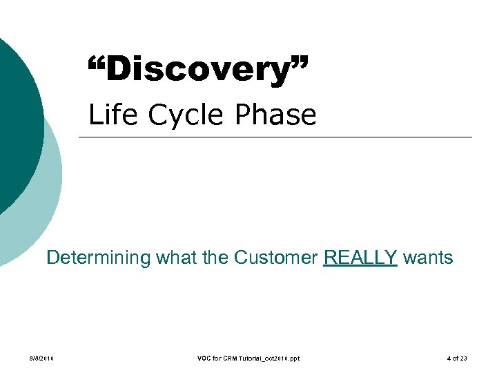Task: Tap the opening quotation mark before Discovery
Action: click(x=99, y=64)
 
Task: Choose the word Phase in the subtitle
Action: click(x=274, y=115)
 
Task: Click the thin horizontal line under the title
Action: click(x=276, y=137)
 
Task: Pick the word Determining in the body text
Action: click(x=98, y=258)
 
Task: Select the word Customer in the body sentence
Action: click(x=276, y=258)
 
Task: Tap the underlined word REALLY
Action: click(x=360, y=258)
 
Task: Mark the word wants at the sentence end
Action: click(x=428, y=258)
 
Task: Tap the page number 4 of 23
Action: click(x=456, y=358)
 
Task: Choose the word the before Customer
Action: click(x=216, y=258)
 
